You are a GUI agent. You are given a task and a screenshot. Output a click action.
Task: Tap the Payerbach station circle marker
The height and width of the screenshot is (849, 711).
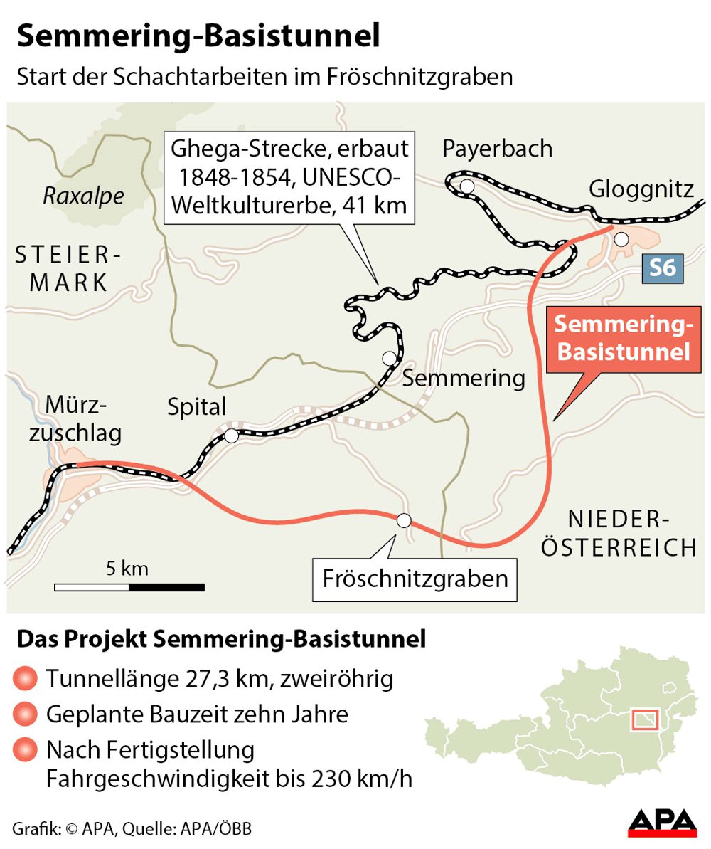(x=467, y=186)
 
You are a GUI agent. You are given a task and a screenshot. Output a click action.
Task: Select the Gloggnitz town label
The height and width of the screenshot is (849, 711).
(x=641, y=190)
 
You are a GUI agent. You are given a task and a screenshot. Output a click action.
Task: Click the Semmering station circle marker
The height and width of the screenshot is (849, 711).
(x=389, y=358)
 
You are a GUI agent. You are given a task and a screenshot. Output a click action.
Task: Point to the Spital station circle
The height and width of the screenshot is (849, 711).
(x=231, y=436)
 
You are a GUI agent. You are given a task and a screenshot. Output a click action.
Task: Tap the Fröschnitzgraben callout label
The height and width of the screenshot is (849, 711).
(x=415, y=578)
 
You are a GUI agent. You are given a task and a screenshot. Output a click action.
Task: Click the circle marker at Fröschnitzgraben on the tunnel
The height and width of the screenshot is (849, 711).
(x=404, y=520)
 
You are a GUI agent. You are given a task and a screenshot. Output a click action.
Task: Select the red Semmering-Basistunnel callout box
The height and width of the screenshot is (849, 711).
(x=623, y=338)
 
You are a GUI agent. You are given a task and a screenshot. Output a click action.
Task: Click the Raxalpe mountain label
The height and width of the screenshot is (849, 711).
(x=83, y=196)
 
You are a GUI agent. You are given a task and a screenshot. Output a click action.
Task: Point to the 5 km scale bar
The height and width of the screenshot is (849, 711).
(x=129, y=587)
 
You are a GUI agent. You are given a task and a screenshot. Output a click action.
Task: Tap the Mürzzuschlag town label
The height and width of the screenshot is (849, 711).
(x=74, y=418)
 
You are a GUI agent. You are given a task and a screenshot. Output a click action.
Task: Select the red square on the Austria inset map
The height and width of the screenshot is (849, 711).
(x=644, y=720)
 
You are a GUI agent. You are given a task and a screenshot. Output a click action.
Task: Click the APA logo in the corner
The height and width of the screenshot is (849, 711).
(x=662, y=823)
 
